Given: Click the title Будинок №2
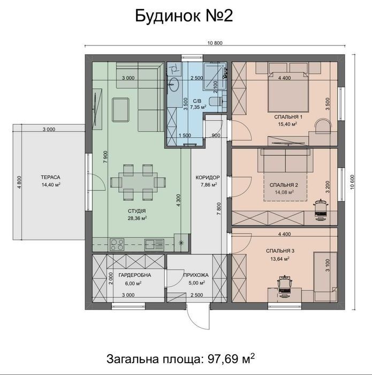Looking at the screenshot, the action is [x=184, y=16].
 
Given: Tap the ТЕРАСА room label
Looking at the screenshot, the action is [x=51, y=177].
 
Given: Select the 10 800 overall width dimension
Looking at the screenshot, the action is [x=215, y=43].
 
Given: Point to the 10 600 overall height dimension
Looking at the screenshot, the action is [x=352, y=182].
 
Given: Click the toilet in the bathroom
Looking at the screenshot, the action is [x=215, y=101].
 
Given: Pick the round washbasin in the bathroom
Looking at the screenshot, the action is [x=173, y=85].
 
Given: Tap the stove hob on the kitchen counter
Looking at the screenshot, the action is [x=117, y=244].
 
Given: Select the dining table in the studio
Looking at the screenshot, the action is [x=138, y=182].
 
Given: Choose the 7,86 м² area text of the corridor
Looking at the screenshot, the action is [x=209, y=185].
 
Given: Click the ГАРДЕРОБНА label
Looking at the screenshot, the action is [x=135, y=275].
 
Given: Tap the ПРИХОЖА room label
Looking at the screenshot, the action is [x=196, y=275].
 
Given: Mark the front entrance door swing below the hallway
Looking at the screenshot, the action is [x=198, y=316].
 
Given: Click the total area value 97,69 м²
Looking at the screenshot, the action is [x=231, y=358].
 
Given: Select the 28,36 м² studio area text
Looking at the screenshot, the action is [x=137, y=218].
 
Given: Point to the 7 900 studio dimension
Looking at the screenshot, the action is [x=105, y=157].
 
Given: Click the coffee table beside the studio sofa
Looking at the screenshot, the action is [x=121, y=110].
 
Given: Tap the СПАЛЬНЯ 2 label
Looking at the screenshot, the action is [x=284, y=185].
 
